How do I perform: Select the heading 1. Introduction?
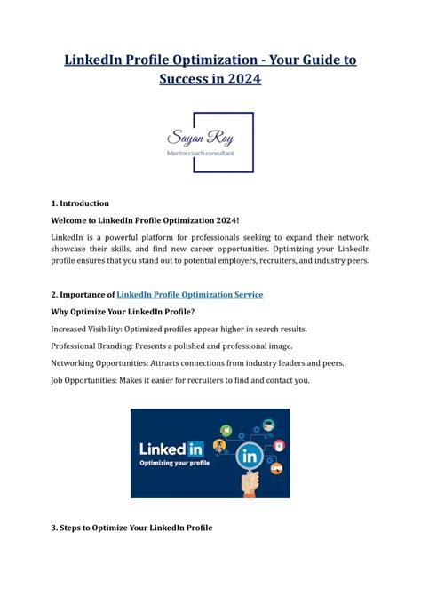pos(80,203)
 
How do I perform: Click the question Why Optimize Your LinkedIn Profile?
pos(123,312)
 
